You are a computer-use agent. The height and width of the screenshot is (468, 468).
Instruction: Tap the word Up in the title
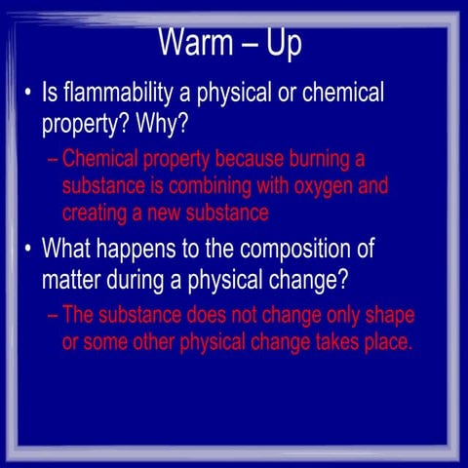tap(284, 44)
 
